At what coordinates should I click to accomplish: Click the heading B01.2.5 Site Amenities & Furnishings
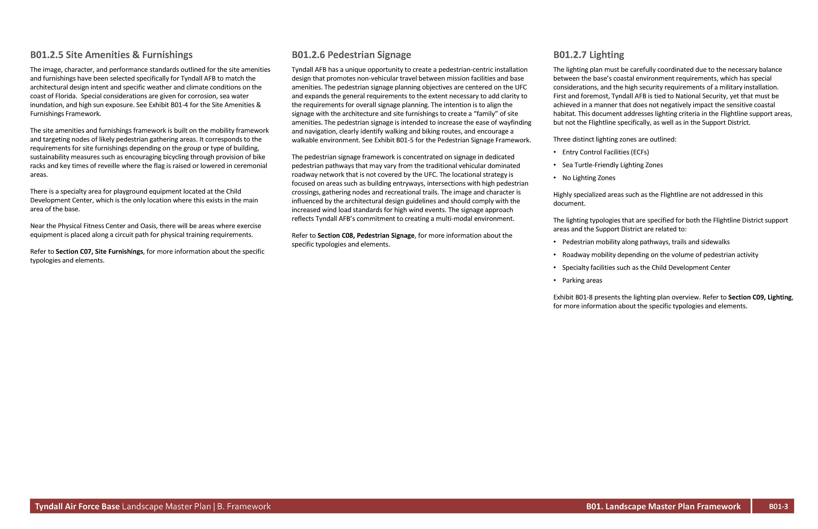coord(111,55)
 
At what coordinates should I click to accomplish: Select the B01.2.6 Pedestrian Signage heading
coord(351,55)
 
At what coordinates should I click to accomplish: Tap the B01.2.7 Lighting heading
coord(588,55)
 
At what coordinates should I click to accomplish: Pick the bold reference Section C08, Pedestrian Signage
coord(366,236)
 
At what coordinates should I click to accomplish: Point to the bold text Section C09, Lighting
coord(760,298)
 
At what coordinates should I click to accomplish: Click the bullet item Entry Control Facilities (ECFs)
coord(605,152)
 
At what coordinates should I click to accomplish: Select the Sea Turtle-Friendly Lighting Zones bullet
coord(612,165)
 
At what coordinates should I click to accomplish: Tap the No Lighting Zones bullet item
coord(588,178)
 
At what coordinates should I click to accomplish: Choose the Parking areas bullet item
coord(582,281)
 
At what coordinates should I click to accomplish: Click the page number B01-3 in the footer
coord(778,507)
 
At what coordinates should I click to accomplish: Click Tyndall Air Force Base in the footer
coord(77,507)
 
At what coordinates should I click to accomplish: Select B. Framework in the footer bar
coord(244,507)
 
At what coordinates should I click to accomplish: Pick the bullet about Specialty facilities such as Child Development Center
coord(646,268)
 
